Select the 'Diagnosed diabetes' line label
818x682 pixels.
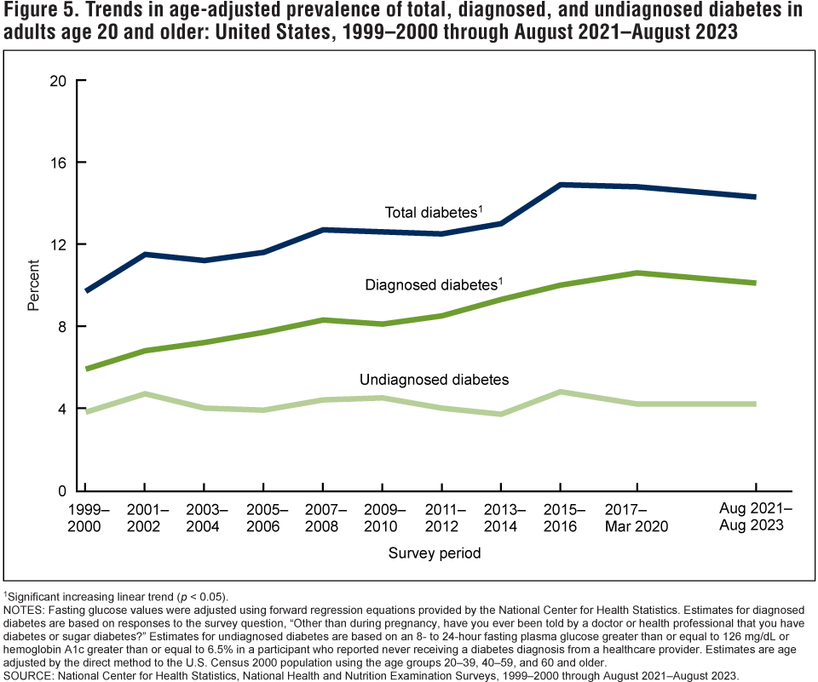[x=431, y=285]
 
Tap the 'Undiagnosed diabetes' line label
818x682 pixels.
[x=434, y=379]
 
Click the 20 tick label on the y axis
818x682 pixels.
[x=58, y=81]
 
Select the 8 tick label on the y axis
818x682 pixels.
[x=61, y=327]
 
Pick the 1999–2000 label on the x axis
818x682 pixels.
[x=84, y=518]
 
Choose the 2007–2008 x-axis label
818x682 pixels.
[x=323, y=518]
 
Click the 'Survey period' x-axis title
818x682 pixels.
[x=435, y=553]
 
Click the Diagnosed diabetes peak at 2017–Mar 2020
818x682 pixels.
[x=637, y=272]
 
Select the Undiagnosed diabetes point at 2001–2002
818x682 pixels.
[x=144, y=394]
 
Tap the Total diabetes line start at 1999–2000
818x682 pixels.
[x=85, y=291]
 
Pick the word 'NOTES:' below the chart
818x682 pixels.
[x=26, y=610]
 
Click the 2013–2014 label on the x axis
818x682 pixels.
[x=501, y=518]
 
